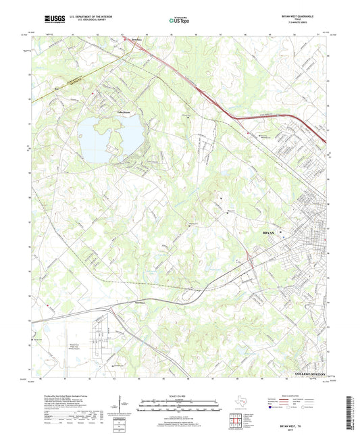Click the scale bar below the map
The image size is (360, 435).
[x=179, y=404]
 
